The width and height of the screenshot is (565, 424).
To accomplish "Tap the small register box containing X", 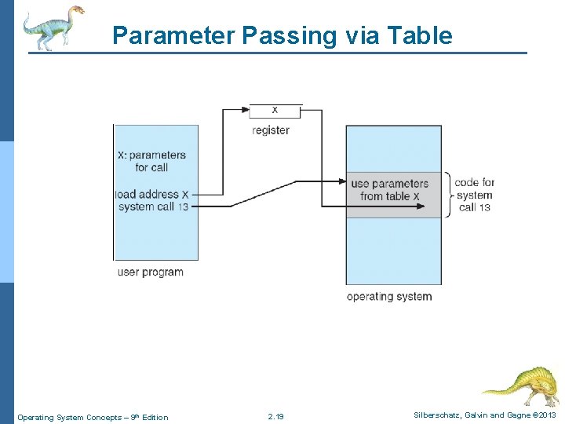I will [275, 110].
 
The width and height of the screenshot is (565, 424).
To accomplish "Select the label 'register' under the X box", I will [271, 130].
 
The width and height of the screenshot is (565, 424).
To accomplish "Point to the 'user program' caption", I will [150, 272].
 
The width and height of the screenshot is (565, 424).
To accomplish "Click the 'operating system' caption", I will [389, 297].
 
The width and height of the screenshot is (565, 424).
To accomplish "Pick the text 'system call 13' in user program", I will [153, 207].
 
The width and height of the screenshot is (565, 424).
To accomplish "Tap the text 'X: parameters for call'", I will [151, 161].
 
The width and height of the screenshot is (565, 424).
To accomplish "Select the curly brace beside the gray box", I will [448, 194].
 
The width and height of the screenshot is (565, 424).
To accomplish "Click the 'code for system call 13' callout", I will [475, 195].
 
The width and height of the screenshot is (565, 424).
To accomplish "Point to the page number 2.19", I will [275, 417].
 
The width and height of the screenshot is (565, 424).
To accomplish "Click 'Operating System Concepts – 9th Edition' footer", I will [93, 417].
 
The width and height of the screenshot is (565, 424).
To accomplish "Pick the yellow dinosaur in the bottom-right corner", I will [522, 385].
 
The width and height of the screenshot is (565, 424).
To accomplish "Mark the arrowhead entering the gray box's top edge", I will [342, 181].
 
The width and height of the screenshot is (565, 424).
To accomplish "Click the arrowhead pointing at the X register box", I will [246, 109].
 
